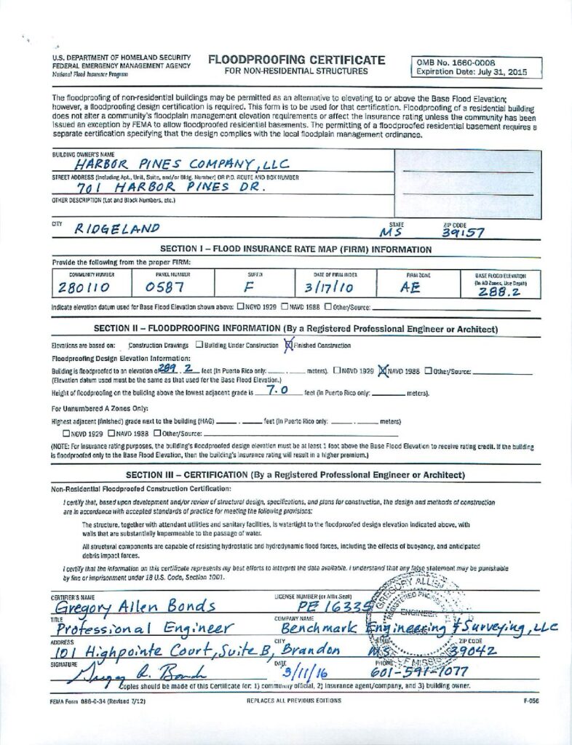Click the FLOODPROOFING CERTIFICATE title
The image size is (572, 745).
296,60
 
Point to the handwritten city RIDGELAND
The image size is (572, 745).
116,229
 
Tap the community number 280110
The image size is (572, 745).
79,287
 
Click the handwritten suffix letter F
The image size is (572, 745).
246,287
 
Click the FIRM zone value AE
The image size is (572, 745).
412,287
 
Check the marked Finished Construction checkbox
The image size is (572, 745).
289,345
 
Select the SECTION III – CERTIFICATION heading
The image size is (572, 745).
295,475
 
